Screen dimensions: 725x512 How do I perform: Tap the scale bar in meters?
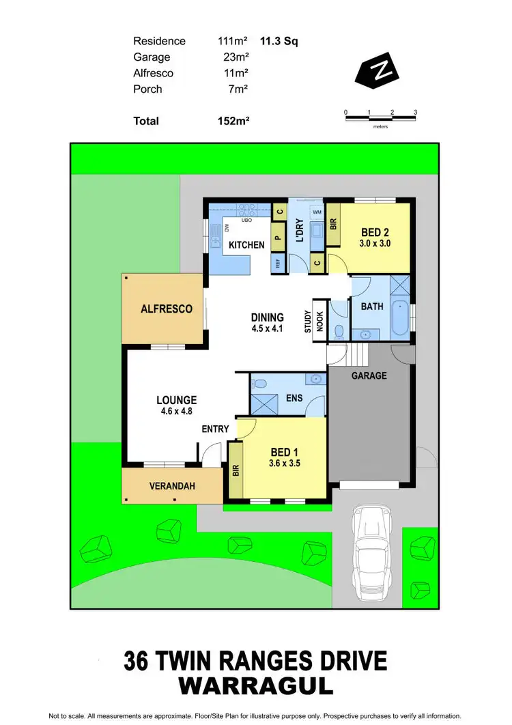(x=381, y=119)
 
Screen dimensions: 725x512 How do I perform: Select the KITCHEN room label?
(x=246, y=245)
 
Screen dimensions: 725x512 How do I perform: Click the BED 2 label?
(x=375, y=232)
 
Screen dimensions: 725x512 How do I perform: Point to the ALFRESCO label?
(x=167, y=309)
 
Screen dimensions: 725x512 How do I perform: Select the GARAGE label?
(x=369, y=375)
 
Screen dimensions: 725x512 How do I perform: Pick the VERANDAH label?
(x=172, y=486)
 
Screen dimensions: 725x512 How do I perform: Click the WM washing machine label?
(x=317, y=213)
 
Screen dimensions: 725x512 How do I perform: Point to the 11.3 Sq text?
(x=274, y=41)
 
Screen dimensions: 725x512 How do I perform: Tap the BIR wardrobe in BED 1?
(x=236, y=469)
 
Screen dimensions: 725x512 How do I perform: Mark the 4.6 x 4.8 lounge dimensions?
(x=177, y=412)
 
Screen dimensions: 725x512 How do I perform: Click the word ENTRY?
(x=216, y=429)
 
